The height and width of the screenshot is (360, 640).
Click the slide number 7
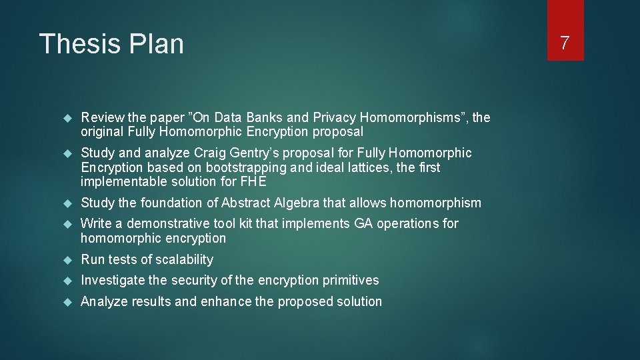point(565,44)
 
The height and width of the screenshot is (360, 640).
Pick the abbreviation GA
point(363,223)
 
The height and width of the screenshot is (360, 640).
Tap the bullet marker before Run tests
point(66,260)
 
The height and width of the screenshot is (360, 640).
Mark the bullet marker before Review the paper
point(66,119)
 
